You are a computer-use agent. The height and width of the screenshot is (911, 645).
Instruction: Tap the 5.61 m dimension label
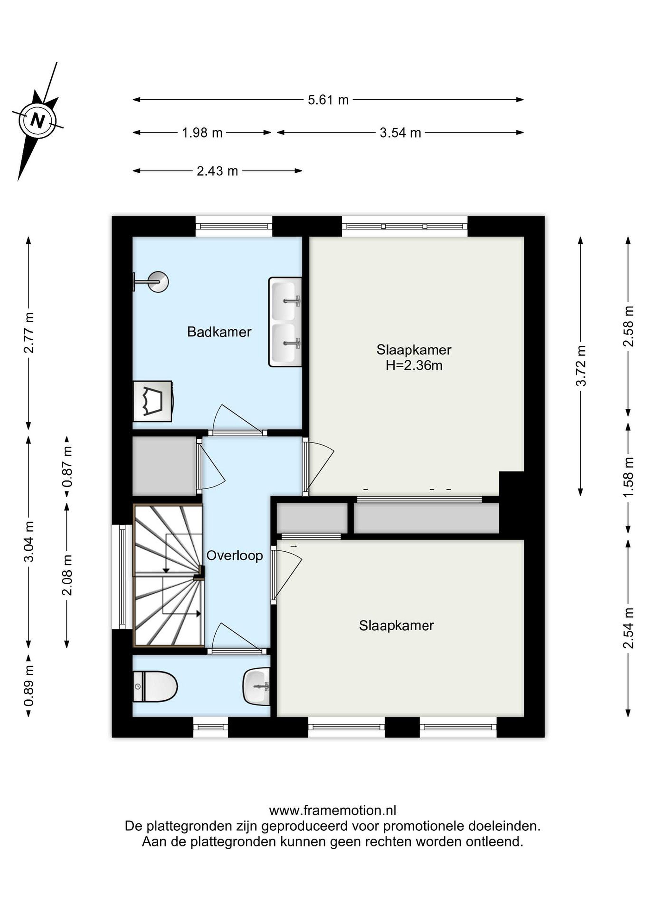[328, 100]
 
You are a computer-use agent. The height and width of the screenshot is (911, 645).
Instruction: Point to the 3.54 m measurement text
[400, 133]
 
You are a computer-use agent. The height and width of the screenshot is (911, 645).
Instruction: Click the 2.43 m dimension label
[217, 171]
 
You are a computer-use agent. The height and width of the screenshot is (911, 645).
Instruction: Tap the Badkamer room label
[219, 332]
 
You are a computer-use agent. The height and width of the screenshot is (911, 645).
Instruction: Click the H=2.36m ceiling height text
[414, 365]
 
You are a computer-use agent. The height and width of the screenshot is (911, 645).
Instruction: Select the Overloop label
[234, 556]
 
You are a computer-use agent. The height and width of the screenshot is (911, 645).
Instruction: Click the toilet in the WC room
[155, 686]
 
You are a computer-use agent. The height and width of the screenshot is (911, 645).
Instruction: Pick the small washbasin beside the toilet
[256, 687]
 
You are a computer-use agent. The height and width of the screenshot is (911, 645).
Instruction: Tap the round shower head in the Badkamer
[158, 282]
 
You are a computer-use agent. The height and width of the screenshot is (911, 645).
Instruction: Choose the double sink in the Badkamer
[285, 322]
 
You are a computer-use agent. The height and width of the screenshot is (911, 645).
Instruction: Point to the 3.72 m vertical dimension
[581, 366]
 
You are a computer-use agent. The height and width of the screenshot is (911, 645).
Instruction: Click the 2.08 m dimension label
[67, 575]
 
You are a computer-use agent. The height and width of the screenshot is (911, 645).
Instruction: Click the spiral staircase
[168, 575]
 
